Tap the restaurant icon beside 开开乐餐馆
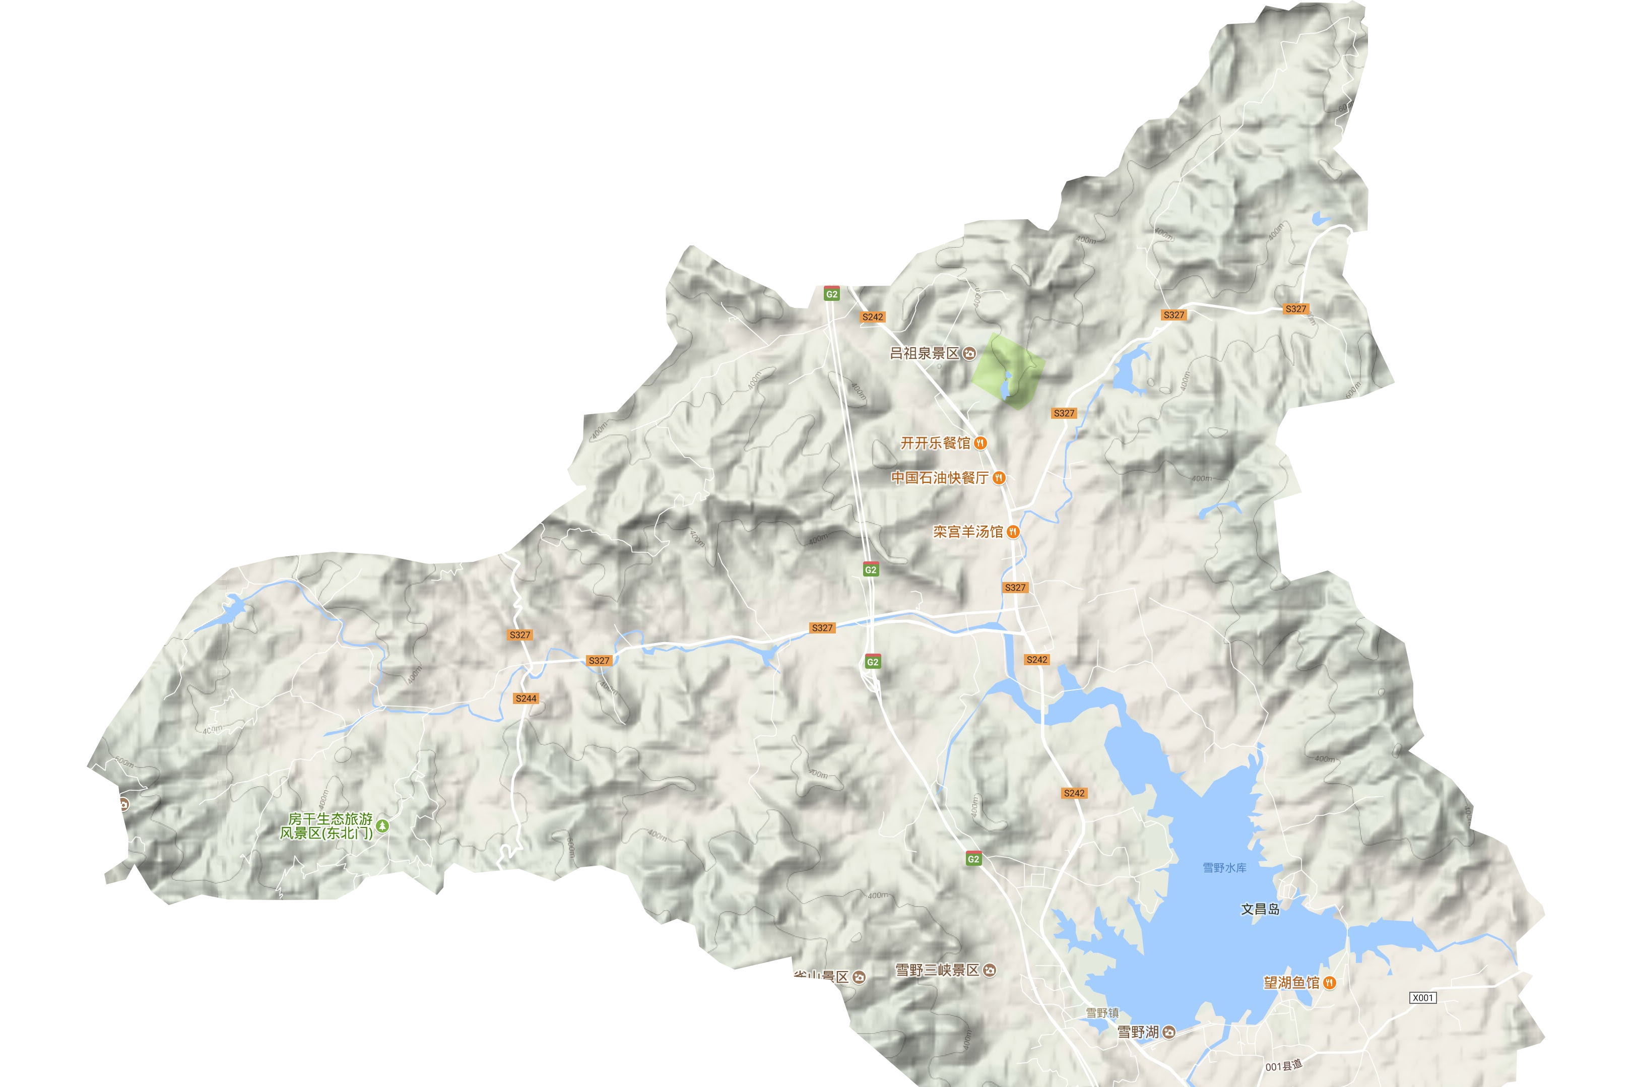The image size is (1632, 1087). [980, 443]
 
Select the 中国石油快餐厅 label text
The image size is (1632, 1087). [940, 478]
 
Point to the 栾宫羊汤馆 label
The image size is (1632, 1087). [967, 532]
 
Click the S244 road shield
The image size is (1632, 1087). [526, 698]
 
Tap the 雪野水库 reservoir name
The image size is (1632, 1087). [1224, 868]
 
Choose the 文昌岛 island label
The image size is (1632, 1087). [1260, 909]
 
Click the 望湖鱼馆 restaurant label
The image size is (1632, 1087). [1291, 982]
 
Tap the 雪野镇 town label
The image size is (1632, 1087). [1102, 1013]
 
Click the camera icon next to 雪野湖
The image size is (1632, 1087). [1169, 1032]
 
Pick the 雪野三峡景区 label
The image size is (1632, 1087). [937, 970]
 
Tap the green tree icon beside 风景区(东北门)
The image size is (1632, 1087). [382, 825]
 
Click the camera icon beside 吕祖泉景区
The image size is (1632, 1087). [969, 354]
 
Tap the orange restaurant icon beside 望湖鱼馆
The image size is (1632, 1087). [1329, 982]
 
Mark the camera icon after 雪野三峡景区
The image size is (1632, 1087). [990, 970]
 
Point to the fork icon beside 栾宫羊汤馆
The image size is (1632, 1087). [1013, 532]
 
